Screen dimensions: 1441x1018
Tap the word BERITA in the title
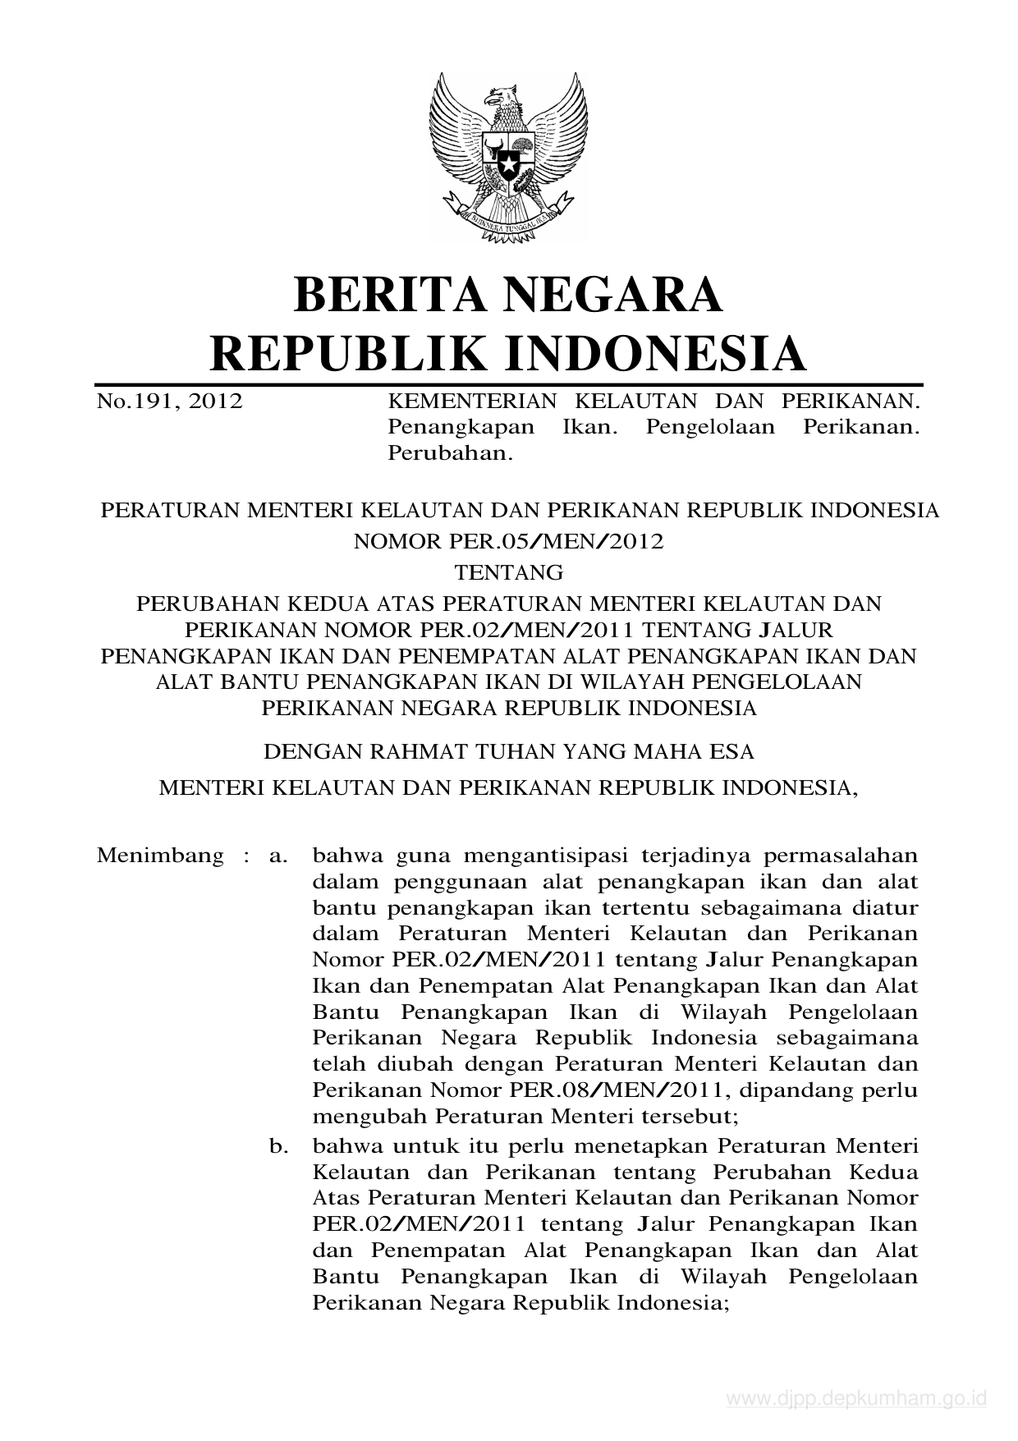(x=384, y=296)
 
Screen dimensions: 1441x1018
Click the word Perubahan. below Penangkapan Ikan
(x=450, y=453)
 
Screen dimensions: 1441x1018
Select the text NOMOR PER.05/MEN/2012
(x=508, y=541)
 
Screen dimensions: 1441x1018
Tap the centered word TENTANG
(x=508, y=571)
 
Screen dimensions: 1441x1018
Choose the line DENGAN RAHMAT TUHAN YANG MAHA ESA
(x=508, y=750)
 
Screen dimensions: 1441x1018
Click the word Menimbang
(x=160, y=855)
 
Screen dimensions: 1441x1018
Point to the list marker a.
(x=278, y=856)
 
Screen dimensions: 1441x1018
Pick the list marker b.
(x=278, y=1145)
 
